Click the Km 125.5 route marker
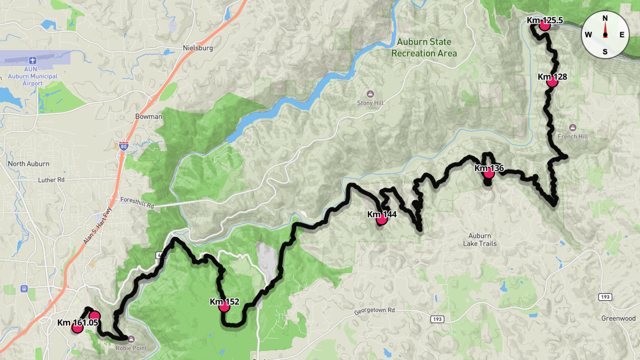pos(545,25)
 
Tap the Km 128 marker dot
pos(552,81)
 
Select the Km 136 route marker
pos(489,172)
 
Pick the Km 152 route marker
pos(224,306)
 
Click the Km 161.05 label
pos(78,323)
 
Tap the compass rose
pos(605,35)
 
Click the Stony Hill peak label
pos(371,103)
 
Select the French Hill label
pos(572,137)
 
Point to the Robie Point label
pos(131,348)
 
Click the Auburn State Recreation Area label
pos(424,47)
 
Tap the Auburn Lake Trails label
pos(479,239)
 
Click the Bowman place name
pos(149,116)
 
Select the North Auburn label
pos(29,164)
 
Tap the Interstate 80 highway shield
pos(123,145)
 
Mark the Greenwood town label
pos(618,318)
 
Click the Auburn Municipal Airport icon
pos(33,60)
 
